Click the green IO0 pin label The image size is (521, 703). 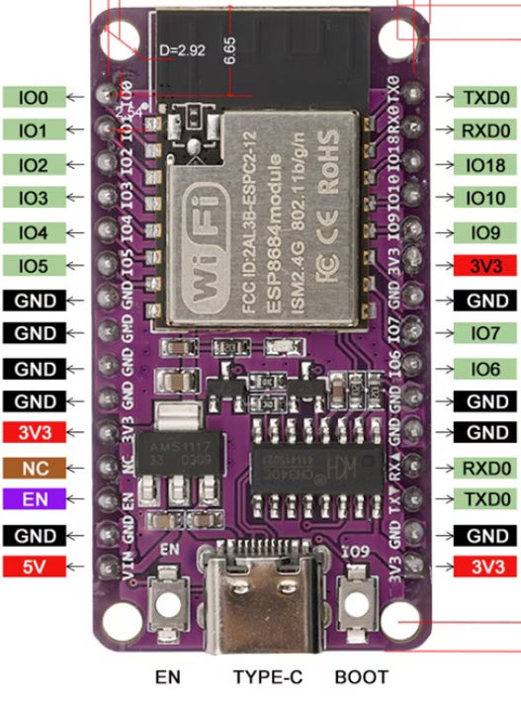(34, 96)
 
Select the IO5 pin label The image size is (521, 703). (34, 265)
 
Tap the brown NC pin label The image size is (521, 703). (34, 466)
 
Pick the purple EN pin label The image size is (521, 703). (34, 498)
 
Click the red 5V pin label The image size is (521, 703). (34, 567)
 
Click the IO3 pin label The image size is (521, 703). (34, 198)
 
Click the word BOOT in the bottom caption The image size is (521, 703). (361, 678)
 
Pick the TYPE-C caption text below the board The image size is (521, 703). (267, 678)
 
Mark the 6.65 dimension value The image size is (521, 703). (230, 49)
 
